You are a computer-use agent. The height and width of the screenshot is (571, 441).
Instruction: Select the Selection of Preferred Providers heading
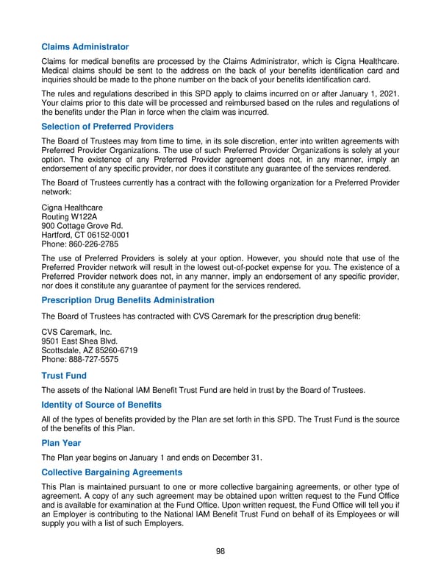[107, 127]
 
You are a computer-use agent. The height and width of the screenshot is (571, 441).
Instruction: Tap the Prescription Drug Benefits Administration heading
[128, 300]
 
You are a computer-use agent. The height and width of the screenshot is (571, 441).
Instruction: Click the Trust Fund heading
[64, 375]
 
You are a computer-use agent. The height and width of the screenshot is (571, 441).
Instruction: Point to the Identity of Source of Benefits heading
[101, 405]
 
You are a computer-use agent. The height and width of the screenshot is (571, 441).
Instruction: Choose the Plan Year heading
[61, 443]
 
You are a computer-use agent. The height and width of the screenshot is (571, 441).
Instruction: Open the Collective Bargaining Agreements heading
[112, 472]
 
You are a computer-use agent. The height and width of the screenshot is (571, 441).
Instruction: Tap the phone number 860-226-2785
[93, 244]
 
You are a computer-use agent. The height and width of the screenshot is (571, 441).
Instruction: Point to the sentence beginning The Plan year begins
[151, 458]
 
